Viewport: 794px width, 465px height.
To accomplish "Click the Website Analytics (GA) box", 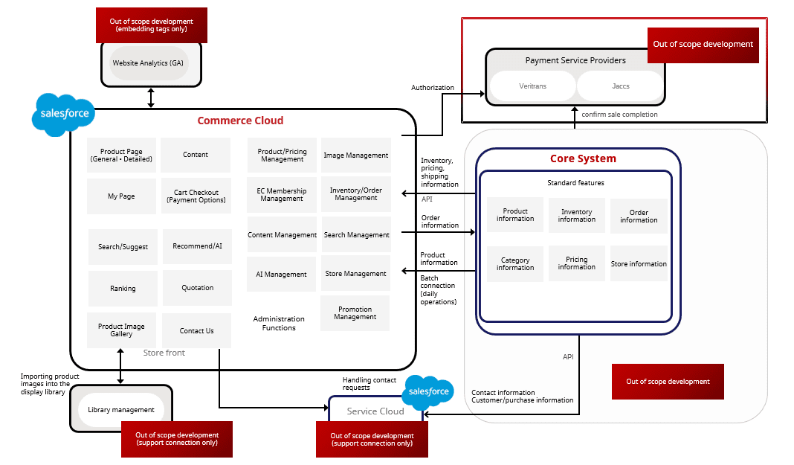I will (148, 63).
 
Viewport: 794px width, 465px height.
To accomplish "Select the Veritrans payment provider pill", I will (532, 86).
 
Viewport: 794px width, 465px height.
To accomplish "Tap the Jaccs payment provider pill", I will (620, 86).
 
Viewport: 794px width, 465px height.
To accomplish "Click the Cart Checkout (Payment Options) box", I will (196, 196).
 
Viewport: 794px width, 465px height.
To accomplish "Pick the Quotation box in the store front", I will (197, 288).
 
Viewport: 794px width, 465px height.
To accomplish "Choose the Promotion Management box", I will (355, 313).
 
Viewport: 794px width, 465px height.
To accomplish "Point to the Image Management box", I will (355, 155).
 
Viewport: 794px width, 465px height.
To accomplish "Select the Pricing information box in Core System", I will (576, 263).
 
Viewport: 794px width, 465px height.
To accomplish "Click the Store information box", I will (639, 263).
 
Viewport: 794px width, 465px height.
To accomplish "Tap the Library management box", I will (121, 409).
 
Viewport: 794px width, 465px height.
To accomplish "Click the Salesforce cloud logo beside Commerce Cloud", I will (65, 115).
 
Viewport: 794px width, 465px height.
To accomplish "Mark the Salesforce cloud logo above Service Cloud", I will (428, 392).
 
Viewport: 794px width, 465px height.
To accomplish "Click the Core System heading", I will (583, 158).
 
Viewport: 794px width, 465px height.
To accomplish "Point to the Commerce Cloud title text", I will (240, 121).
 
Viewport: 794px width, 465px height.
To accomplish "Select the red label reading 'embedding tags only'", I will (151, 25).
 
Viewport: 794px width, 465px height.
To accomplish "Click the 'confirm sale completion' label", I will (619, 115).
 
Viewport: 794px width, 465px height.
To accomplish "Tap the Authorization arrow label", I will (433, 88).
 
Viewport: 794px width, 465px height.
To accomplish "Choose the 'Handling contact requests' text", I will (369, 384).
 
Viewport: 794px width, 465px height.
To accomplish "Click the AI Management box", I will (281, 275).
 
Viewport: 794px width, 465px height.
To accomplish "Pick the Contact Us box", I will (196, 331).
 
